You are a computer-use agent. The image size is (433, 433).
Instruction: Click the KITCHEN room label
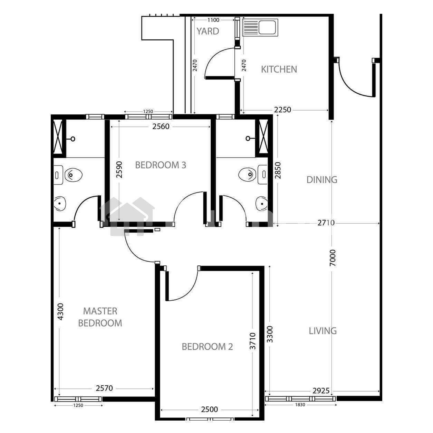[x=279, y=69]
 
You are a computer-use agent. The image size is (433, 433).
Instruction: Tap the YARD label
[x=208, y=31]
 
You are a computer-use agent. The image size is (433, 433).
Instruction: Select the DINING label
[x=322, y=180]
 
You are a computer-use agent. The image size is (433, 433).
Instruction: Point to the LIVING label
[x=323, y=331]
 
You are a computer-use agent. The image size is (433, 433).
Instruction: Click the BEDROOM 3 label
[x=161, y=165]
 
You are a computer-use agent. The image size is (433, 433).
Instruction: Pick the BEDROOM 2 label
[x=207, y=347]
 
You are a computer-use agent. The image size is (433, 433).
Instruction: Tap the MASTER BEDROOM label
[x=100, y=317]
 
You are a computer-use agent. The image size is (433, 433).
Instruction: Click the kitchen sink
[x=260, y=28]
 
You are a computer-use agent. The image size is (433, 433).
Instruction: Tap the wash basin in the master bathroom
[x=59, y=203]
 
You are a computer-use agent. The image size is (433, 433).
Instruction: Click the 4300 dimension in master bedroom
[x=61, y=312]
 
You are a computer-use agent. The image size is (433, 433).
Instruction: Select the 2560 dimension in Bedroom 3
[x=161, y=126]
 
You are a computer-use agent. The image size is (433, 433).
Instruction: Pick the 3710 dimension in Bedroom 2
[x=253, y=341]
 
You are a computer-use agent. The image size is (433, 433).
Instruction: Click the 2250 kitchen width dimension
[x=282, y=110]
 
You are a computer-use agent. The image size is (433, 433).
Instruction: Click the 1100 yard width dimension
[x=213, y=20]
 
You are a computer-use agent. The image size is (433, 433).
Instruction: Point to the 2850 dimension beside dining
[x=278, y=170]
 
